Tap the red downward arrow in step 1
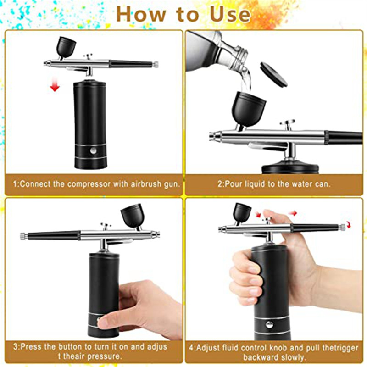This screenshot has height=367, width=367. tap(55, 84)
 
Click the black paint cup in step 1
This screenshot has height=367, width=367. tap(66, 47)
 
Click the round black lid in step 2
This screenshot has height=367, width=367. tap(273, 74)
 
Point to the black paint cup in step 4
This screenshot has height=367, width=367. tap(242, 212)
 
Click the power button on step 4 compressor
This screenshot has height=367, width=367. tap(269, 324)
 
